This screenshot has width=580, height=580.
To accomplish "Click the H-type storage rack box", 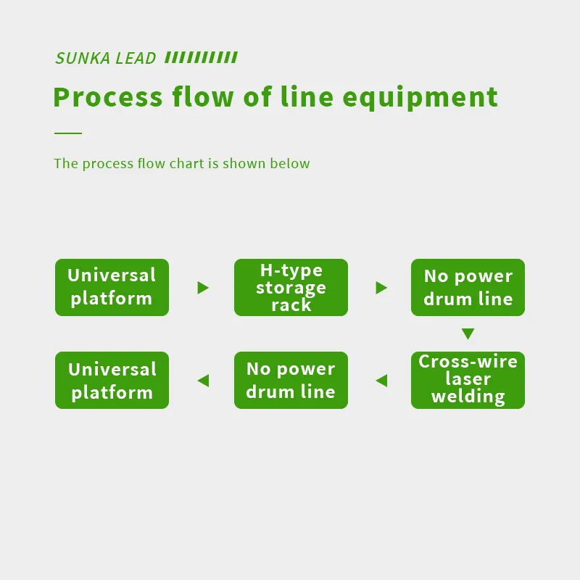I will [291, 287].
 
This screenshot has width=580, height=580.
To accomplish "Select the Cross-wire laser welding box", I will [468, 380].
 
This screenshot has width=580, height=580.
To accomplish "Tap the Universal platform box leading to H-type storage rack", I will [112, 287].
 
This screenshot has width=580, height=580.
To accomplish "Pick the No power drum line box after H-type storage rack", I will [468, 287].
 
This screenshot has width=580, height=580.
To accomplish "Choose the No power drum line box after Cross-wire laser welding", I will [291, 380].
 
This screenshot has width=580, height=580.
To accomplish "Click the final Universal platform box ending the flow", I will [112, 380].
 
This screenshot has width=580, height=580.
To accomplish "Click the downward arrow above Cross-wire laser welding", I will [468, 334].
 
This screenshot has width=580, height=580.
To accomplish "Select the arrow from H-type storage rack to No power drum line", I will [381, 288].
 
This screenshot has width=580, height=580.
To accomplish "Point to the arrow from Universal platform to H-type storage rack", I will [203, 288].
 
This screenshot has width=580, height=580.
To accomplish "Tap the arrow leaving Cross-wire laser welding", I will [381, 381].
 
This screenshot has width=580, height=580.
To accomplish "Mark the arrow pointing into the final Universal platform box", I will [203, 381].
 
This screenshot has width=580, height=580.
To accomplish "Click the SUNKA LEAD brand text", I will [106, 59].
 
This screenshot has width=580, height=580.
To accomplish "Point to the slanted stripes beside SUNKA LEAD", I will [201, 58].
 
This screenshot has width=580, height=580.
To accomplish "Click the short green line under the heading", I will [68, 133].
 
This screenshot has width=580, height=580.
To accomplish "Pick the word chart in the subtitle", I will [187, 164].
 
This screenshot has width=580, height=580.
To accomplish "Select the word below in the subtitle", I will [290, 164].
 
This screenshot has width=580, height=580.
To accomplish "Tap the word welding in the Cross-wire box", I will [468, 397].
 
